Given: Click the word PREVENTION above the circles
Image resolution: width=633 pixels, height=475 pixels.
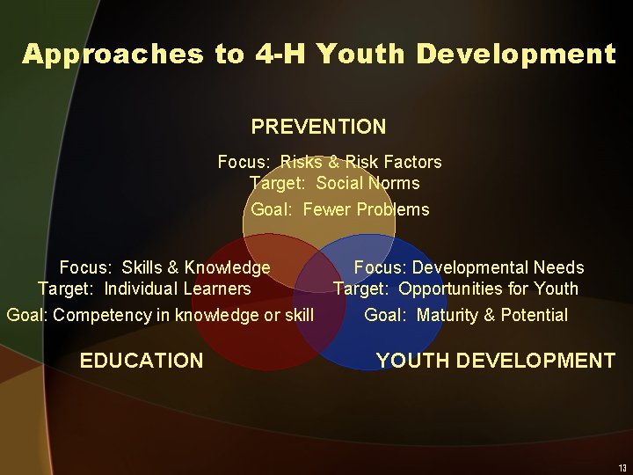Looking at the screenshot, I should tap(318, 127).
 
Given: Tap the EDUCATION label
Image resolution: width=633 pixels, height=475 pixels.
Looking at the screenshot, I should tap(141, 361).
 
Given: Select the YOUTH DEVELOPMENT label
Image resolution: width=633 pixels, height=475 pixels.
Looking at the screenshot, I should tap(496, 361).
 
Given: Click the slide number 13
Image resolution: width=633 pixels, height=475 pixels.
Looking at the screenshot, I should tap(622, 467).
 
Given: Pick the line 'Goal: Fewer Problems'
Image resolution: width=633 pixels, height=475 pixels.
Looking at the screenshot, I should tap(340, 209).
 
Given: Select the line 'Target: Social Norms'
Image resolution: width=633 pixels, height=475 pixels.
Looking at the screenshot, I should tap(335, 184).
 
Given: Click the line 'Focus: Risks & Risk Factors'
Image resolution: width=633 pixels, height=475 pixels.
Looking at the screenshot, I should tap(330, 162).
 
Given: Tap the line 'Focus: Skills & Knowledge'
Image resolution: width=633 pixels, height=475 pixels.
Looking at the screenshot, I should tap(164, 267).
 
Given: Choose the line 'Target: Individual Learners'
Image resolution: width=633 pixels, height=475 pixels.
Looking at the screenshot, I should tap(144, 289).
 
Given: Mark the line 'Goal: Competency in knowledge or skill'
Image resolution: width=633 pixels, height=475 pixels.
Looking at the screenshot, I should tap(160, 315).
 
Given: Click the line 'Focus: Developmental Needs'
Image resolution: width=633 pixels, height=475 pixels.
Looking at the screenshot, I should tap(469, 267).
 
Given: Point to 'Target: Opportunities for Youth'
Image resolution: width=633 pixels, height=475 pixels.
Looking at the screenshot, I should tap(455, 289).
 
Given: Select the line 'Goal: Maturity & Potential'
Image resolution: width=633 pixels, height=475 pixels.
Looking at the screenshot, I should tap(466, 315).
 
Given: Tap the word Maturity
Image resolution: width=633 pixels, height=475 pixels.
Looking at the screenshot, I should tap(448, 315).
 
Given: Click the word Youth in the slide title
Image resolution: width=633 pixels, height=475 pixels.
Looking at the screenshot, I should tap(361, 55).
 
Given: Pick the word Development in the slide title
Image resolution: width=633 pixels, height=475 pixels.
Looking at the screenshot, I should tap(516, 55).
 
